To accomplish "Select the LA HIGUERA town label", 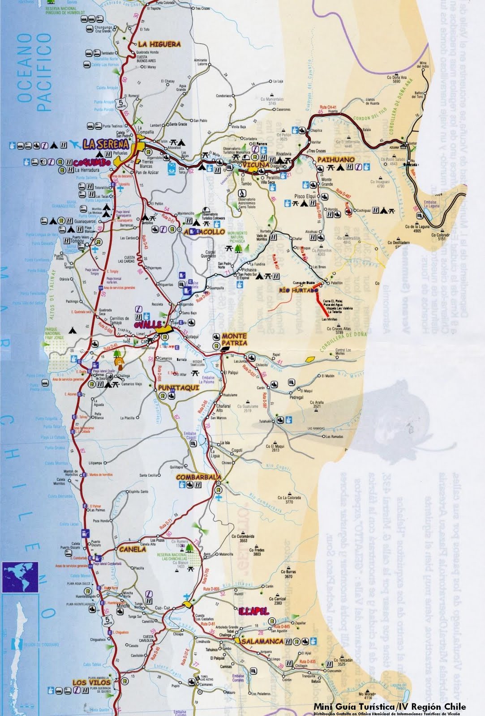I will pyautogui.click(x=159, y=44).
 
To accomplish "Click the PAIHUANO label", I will pyautogui.click(x=336, y=159).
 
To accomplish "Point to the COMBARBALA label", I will pyautogui.click(x=198, y=477).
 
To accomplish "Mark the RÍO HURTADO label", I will pyautogui.click(x=299, y=290).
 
